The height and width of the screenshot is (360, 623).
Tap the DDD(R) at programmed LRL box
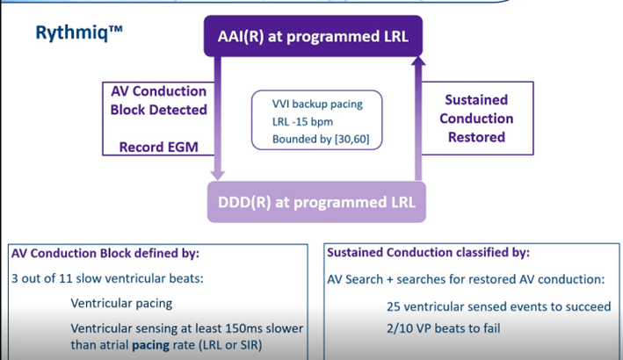[x=316, y=204]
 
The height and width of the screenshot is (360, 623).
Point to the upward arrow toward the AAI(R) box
[x=417, y=114]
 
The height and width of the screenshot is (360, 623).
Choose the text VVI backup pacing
[x=317, y=104]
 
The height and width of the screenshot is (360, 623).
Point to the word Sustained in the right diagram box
[x=476, y=100]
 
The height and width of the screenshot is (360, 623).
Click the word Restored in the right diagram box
[x=476, y=137]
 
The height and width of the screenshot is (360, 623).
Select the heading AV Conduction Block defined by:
[x=105, y=253]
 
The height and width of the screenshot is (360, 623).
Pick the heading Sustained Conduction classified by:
[x=428, y=253]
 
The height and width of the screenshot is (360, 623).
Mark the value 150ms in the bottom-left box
[x=253, y=328]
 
